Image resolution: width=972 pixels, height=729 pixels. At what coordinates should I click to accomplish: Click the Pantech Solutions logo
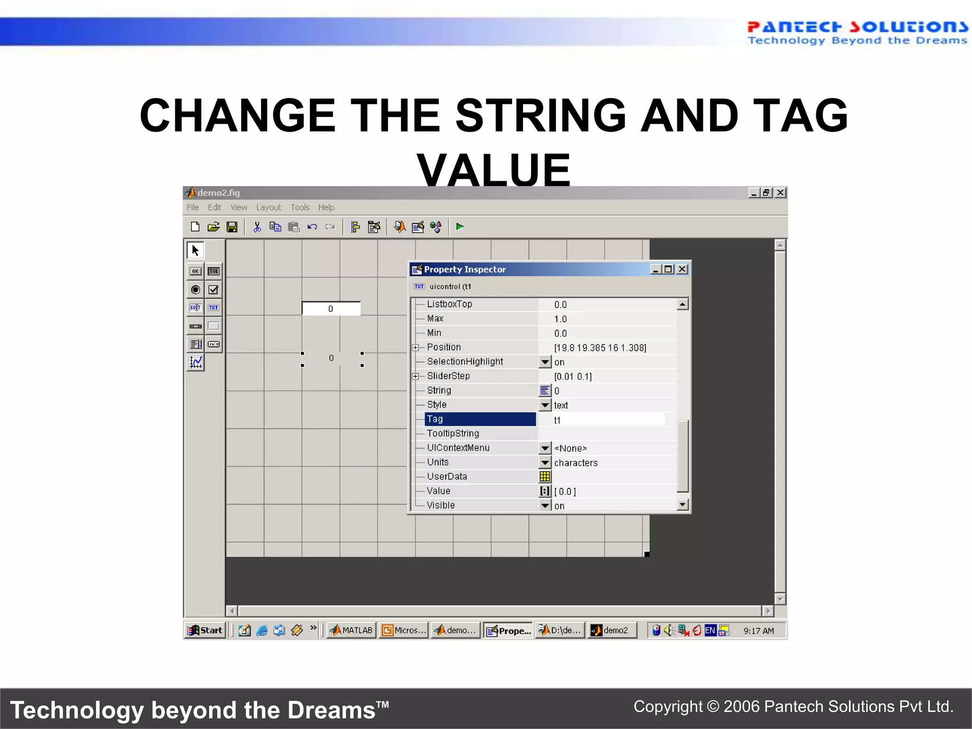click(857, 32)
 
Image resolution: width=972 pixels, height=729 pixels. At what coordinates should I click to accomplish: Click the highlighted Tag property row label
click(480, 419)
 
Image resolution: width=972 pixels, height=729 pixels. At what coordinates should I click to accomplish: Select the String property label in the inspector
click(439, 390)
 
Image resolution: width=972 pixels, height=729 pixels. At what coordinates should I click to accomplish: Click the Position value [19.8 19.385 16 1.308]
click(600, 347)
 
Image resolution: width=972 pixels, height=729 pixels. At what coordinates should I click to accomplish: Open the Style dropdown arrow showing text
click(545, 405)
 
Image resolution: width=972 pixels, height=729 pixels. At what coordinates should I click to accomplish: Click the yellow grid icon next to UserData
click(545, 476)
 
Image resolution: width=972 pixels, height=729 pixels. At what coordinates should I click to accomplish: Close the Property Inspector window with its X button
click(682, 269)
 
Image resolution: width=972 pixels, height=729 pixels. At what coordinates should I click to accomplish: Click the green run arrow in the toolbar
click(460, 227)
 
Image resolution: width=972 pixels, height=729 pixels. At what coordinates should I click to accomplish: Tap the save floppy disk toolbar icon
click(232, 227)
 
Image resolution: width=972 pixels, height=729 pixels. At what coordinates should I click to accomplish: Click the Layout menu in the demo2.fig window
click(268, 207)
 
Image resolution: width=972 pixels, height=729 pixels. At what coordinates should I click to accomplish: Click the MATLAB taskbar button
click(352, 630)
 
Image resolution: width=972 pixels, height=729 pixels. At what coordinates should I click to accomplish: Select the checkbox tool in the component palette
click(214, 290)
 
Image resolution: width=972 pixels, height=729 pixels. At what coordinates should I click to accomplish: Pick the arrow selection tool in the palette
click(196, 250)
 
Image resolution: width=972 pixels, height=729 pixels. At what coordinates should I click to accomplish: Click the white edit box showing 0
click(331, 308)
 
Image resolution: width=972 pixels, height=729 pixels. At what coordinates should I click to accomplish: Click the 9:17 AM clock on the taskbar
click(758, 631)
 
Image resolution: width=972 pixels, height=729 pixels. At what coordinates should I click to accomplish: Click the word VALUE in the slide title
click(494, 170)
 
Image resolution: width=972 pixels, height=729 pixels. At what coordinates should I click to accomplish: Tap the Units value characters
click(576, 463)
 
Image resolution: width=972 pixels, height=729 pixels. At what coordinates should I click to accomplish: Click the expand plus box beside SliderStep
click(416, 376)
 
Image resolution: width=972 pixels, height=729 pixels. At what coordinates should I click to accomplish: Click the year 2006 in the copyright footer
click(741, 707)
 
